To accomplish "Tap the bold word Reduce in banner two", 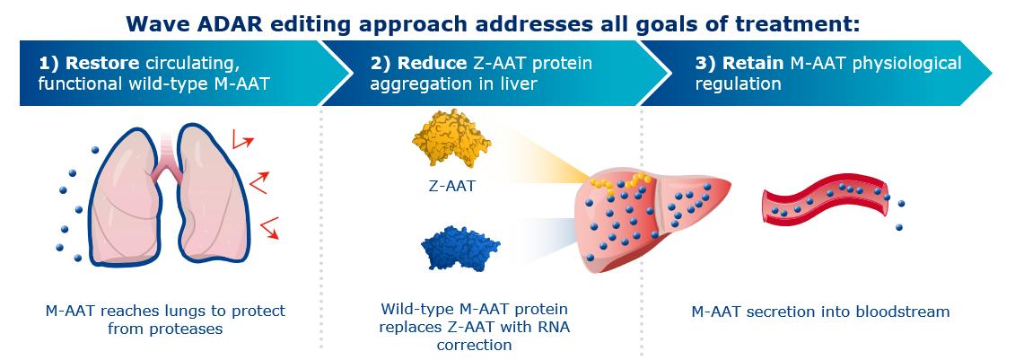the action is coord(427,63).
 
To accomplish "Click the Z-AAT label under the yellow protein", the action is coord(451,187).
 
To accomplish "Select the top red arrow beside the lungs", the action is coord(242,138).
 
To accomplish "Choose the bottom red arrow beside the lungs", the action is coord(269,227).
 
